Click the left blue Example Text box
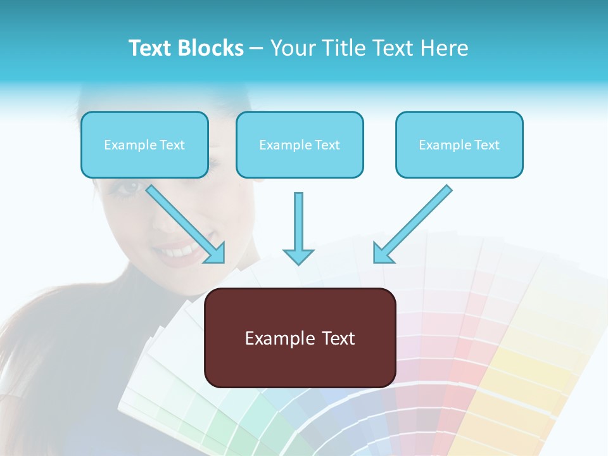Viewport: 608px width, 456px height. (144, 145)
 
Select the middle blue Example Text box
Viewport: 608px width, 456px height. (300, 145)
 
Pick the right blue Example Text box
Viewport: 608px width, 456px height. (459, 145)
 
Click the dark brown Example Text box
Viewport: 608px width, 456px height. (300, 338)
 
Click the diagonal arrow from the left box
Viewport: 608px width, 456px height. (184, 222)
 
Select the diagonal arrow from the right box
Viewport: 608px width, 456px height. (415, 222)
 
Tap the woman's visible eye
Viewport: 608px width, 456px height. (130, 187)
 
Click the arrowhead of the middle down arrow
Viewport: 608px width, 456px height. (298, 256)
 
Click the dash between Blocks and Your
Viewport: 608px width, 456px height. (256, 49)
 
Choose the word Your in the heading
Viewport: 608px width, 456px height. (292, 48)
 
